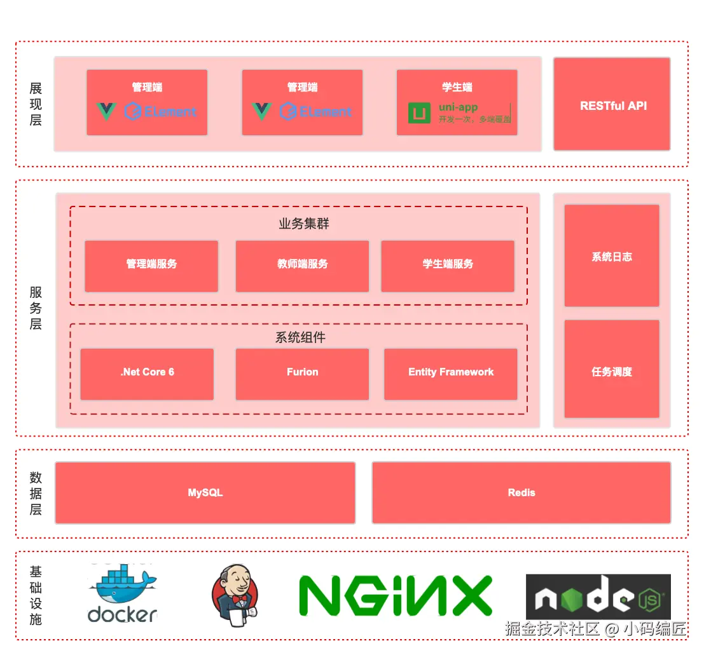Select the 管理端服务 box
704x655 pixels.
151,266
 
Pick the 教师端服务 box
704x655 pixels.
302,266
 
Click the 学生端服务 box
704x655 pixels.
448,266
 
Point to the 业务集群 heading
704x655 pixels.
304,224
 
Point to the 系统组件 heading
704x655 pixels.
300,337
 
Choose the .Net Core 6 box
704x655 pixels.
147,374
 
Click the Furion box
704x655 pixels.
302,374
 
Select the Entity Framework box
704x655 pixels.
450,374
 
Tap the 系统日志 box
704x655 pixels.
612,255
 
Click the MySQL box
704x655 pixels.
205,492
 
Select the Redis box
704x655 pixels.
521,492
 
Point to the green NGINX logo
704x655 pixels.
396,596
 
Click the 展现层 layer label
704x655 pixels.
36,104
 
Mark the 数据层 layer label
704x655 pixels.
36,493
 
